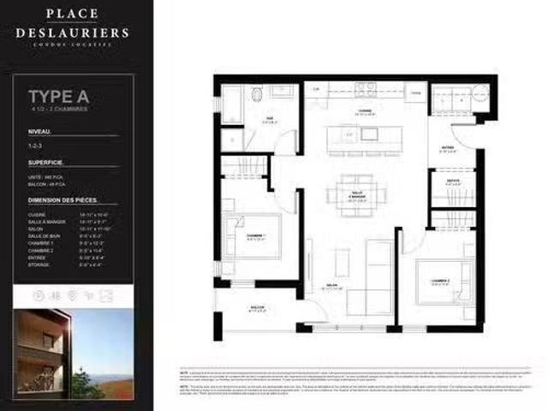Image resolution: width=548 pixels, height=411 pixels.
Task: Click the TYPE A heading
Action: [59, 95]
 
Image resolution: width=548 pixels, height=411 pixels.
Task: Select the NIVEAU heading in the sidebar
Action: [41, 132]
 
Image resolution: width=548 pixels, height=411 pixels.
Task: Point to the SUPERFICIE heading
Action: [49, 162]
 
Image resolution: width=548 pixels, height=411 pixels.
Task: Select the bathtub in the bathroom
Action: [232, 104]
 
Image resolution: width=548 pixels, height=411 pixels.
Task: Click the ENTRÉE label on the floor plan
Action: [448, 148]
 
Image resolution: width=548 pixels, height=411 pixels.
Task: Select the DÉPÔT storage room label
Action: [449, 181]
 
